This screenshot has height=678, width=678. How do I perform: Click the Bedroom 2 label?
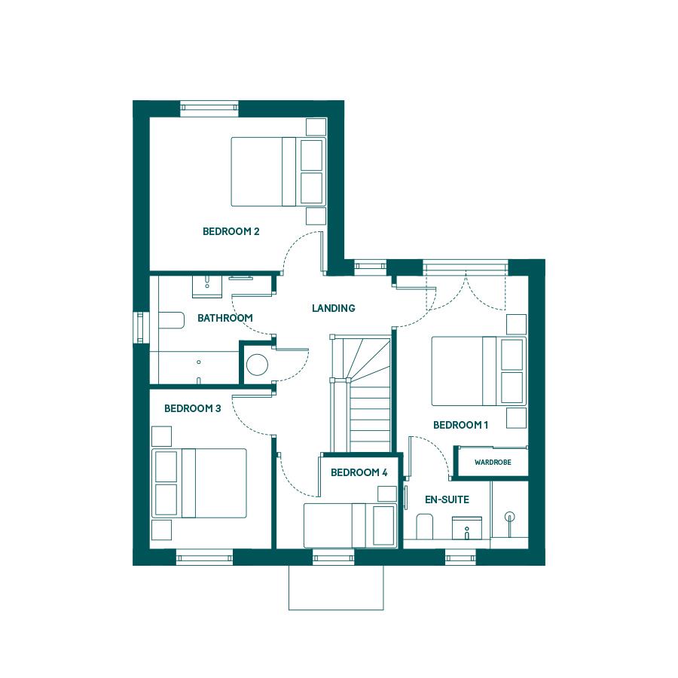(x=231, y=231)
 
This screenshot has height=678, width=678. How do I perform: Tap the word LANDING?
(x=334, y=308)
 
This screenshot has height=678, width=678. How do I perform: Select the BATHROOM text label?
(x=224, y=318)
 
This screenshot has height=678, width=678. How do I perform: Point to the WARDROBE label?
(x=493, y=463)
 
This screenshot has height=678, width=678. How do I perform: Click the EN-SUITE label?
(x=447, y=500)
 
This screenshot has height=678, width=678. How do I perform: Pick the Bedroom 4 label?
(x=359, y=472)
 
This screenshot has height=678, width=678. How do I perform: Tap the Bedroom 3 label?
(x=192, y=408)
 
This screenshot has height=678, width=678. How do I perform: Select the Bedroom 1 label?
(x=460, y=425)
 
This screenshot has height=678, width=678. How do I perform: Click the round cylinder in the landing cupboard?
(x=257, y=365)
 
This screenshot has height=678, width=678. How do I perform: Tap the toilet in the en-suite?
(x=424, y=527)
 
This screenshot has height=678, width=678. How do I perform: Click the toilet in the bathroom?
(x=171, y=320)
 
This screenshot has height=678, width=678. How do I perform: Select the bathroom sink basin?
(x=207, y=286)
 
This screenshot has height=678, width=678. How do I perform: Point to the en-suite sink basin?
(x=467, y=527)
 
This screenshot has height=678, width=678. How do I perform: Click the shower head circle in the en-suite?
(x=510, y=516)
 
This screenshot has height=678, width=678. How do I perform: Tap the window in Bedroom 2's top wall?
(x=209, y=108)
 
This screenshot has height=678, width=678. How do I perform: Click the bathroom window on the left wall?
(x=141, y=328)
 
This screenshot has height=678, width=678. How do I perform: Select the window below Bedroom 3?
(x=204, y=557)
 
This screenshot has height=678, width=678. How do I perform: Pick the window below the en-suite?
(x=460, y=557)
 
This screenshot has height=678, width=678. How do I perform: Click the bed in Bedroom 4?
(x=350, y=525)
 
